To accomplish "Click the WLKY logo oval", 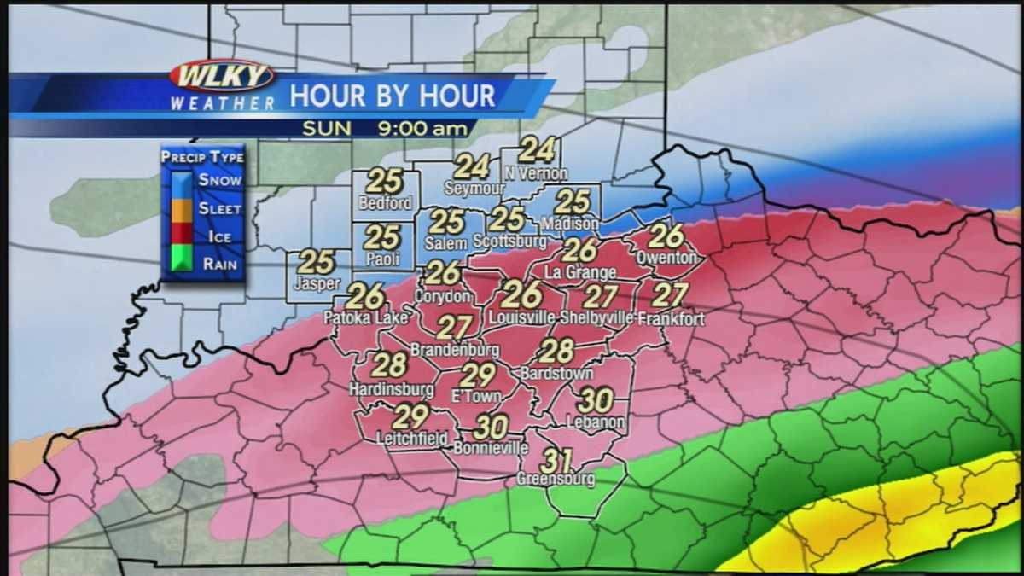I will [x=222, y=76].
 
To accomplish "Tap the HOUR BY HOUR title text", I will [x=393, y=96].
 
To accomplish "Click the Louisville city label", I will [x=522, y=317].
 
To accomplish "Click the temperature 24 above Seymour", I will [x=472, y=166].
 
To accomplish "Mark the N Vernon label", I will [x=536, y=173].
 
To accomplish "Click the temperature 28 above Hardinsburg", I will [x=390, y=365].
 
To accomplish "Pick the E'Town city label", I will [x=478, y=396].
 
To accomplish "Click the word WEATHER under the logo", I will [x=222, y=103].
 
